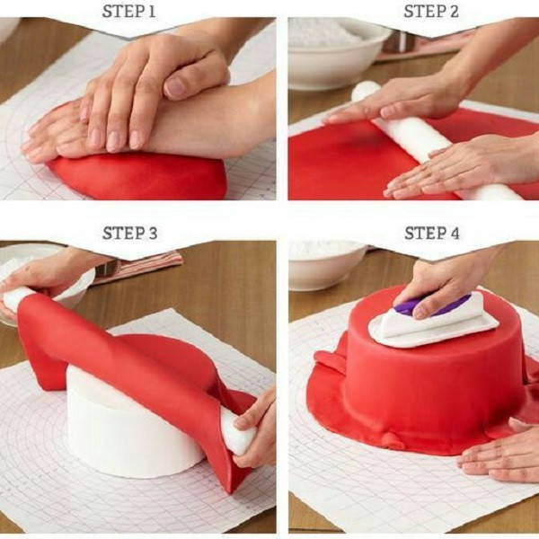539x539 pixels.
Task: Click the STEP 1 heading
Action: click(128, 12)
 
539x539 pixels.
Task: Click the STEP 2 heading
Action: click(431, 12)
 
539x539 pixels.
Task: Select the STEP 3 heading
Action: click(130, 233)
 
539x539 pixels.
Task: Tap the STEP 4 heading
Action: click(432, 233)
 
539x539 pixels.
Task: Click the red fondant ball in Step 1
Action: click(137, 175)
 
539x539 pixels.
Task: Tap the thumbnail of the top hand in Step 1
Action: click(176, 87)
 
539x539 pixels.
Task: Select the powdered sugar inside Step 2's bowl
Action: click(330, 32)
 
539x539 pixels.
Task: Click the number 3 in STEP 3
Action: click(154, 233)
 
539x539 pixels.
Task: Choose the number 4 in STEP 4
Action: click(455, 233)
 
